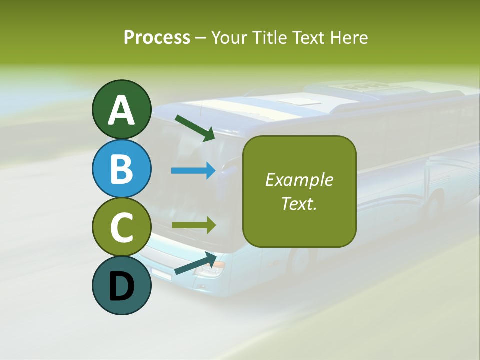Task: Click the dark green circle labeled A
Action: [x=121, y=109]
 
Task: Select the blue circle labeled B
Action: [x=121, y=168]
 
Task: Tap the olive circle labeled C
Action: [x=121, y=227]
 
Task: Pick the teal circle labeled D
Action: [x=121, y=285]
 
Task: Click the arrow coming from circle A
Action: [x=195, y=128]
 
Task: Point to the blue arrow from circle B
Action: [x=193, y=171]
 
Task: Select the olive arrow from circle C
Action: [x=193, y=225]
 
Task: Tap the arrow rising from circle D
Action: [x=195, y=263]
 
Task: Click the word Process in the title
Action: [x=157, y=37]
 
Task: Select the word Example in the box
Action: [x=299, y=180]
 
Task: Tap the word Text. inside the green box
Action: [x=299, y=203]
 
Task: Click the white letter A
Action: [x=121, y=110]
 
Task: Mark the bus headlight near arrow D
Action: [x=209, y=270]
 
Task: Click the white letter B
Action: [x=121, y=169]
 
